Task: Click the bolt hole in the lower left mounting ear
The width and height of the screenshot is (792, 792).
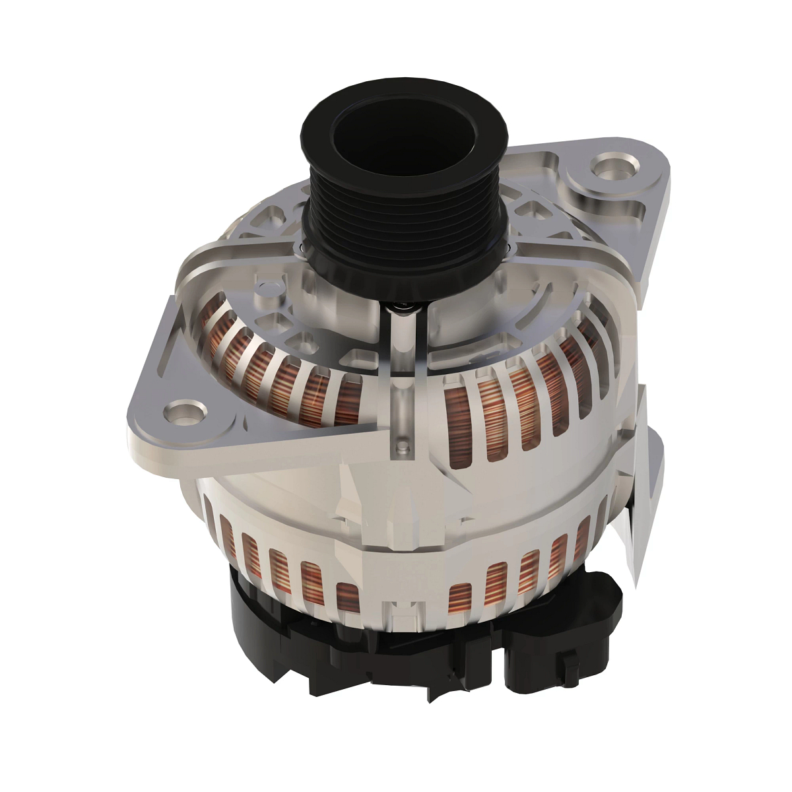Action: pos(179,412)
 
